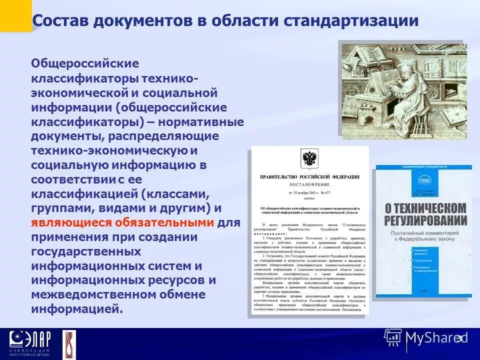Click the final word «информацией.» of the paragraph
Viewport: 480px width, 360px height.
(x=76, y=309)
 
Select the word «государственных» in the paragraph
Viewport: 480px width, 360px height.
(x=86, y=251)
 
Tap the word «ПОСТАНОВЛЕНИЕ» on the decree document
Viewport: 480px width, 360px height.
(x=309, y=184)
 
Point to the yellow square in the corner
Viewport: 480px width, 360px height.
(x=15, y=15)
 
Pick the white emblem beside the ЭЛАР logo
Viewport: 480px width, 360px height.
(x=69, y=344)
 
